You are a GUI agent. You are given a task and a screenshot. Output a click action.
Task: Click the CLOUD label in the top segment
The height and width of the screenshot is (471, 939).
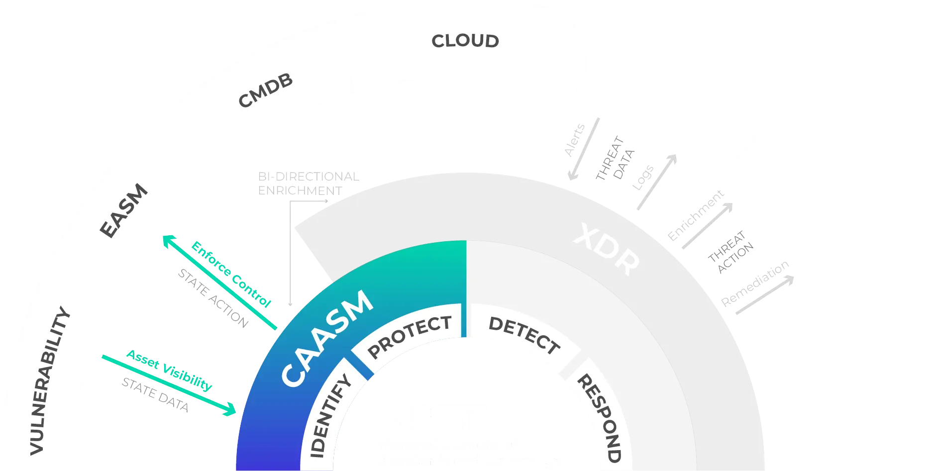coord(465,41)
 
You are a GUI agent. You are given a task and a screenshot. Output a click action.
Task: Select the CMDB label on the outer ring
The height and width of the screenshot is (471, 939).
coord(265,91)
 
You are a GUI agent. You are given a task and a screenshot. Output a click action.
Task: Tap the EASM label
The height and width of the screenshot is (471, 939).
coord(124,211)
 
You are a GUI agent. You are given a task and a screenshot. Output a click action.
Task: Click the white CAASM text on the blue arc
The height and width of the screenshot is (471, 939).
coord(326,338)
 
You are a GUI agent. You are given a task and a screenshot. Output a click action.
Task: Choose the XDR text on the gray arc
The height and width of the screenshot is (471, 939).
coord(606,249)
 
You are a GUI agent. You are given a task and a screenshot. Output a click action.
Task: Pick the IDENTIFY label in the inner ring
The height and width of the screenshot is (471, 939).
coord(330,416)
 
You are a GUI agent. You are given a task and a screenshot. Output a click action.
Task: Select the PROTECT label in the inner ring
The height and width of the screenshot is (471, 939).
coord(410,337)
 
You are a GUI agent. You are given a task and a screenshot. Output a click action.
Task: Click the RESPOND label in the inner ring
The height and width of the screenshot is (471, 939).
coord(599,418)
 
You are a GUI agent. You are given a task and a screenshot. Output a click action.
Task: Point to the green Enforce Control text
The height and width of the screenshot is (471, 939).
coord(231,274)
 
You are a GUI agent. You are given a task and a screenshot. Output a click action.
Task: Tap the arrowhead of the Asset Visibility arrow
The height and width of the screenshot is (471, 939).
coord(231,411)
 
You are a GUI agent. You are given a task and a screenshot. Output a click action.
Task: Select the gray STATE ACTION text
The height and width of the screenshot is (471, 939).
coord(212,298)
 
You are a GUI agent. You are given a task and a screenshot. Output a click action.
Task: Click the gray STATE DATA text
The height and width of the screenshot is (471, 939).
coord(156,395)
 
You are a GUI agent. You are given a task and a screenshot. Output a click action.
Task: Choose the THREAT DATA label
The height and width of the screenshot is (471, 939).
coord(615,158)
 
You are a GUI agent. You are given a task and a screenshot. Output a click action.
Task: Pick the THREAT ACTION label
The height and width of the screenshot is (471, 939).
coord(731,251)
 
